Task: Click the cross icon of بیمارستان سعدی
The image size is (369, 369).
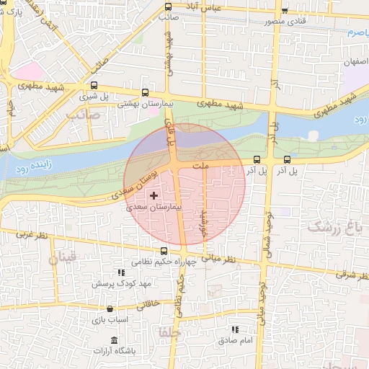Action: (153, 195)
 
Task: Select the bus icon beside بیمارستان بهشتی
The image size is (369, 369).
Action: (146, 93)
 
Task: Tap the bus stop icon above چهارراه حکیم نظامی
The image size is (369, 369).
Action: (165, 252)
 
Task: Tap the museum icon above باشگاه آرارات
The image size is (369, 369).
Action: (114, 339)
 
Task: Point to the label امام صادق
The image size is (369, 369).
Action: (238, 339)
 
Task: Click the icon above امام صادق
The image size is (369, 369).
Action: (234, 328)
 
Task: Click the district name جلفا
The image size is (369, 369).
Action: (174, 334)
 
